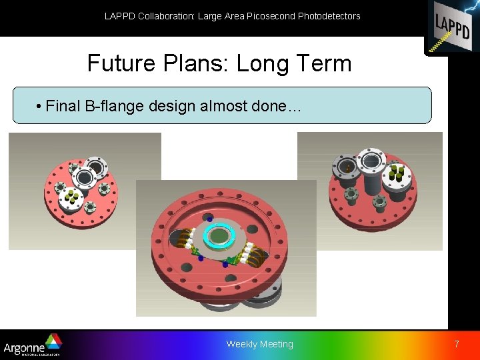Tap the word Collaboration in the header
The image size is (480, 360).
(166, 16)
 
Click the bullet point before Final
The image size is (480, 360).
(40, 107)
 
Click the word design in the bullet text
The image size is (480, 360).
(167, 107)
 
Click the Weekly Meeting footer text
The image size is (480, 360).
(259, 344)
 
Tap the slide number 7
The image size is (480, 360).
(457, 344)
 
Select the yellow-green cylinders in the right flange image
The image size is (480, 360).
(397, 173)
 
